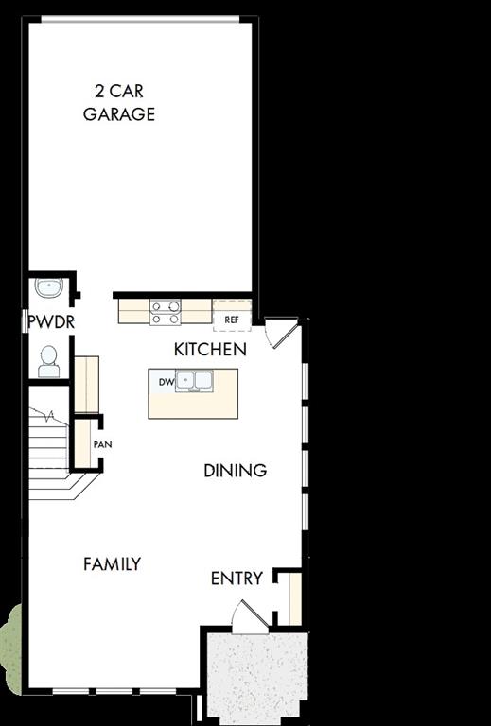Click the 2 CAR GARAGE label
[118, 103]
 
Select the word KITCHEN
[210, 349]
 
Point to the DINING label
[235, 470]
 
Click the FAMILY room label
[112, 564]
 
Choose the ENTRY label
[237, 579]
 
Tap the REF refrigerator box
[232, 320]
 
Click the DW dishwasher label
[165, 382]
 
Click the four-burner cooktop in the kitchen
[165, 310]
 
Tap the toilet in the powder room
[48, 358]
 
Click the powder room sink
[47, 286]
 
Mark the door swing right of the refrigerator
[281, 333]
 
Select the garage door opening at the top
[140, 20]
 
